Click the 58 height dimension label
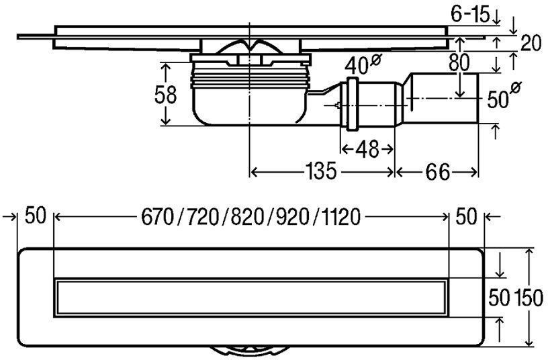tap(165, 95)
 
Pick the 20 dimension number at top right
tap(531, 44)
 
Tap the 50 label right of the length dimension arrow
tap(465, 217)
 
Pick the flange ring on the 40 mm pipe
tap(351, 104)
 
